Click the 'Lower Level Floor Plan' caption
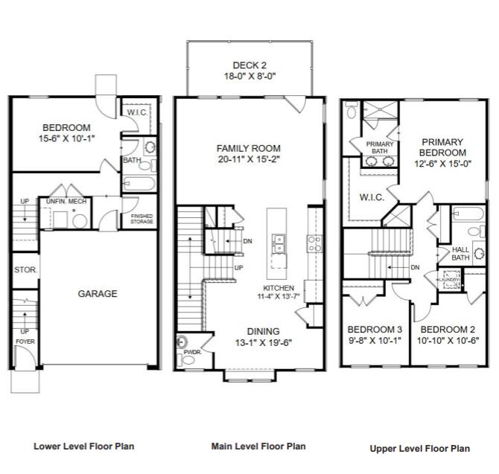[83, 446]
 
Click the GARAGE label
[98, 294]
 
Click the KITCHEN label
[279, 288]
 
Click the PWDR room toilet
[184, 342]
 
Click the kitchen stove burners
[315, 243]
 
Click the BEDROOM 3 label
[375, 329]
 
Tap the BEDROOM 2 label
[448, 329]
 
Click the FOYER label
[25, 342]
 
